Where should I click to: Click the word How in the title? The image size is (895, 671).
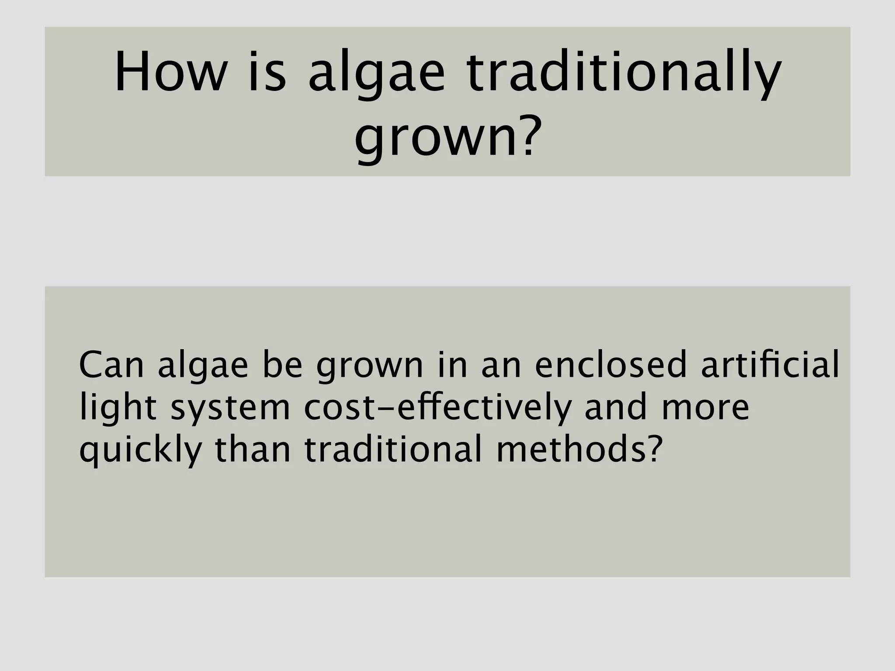[170, 73]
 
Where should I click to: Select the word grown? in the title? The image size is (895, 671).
[447, 138]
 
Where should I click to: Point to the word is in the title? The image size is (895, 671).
[267, 73]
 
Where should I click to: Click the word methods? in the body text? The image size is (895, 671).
[577, 450]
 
